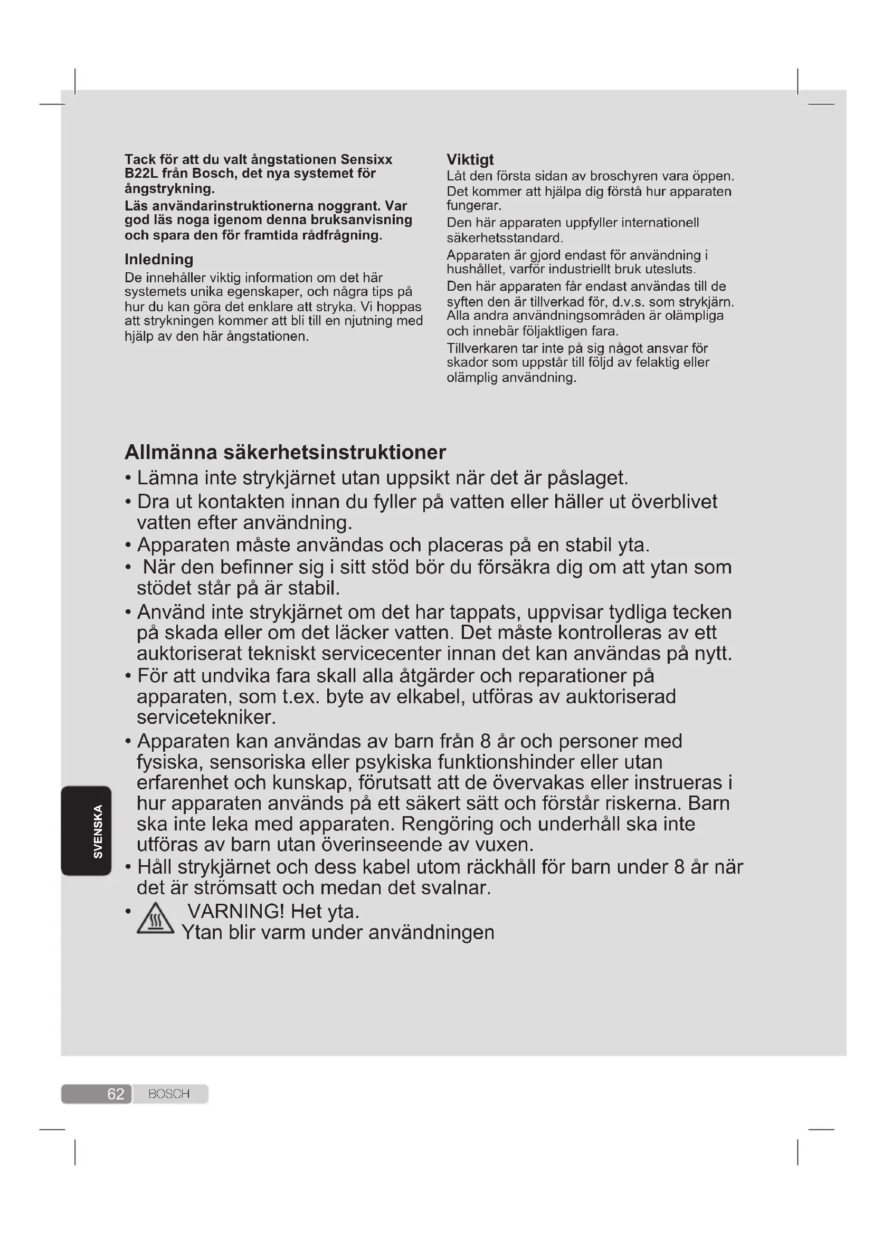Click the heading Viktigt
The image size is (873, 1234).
(x=470, y=160)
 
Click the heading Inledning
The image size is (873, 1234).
(x=158, y=260)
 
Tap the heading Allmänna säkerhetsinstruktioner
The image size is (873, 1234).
(x=285, y=452)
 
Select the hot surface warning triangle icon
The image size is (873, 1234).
(x=155, y=919)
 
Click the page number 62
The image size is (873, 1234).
(x=116, y=1094)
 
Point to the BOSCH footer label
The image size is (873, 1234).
(x=169, y=1094)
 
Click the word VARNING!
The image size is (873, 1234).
(x=235, y=912)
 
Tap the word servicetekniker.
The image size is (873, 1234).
(x=206, y=718)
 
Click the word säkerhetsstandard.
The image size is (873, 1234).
(x=504, y=237)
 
